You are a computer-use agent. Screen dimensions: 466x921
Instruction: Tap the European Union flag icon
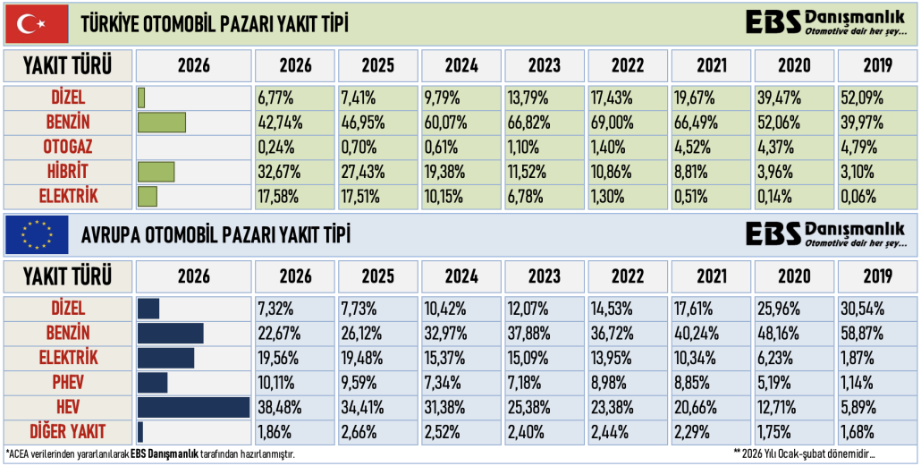pos(37,235)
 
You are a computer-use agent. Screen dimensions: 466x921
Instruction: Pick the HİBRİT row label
pos(68,171)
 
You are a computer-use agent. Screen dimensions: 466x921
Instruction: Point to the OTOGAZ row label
pos(68,146)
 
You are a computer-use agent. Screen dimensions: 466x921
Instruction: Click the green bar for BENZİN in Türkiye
pos(162,122)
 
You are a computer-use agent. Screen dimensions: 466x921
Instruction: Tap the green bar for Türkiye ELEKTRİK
pos(148,196)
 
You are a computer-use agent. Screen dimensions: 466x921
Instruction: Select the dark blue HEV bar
pos(193,407)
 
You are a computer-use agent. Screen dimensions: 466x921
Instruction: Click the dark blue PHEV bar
pos(153,382)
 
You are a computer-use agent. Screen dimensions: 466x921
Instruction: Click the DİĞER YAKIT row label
pos(68,432)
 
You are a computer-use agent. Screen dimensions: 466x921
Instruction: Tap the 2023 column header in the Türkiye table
pos(545,65)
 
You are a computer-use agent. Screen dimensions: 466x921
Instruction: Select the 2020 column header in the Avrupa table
pos(794,276)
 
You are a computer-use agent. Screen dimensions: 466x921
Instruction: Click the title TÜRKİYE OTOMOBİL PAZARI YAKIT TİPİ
pos(215,22)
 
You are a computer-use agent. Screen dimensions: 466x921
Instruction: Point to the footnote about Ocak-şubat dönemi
pos(803,454)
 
